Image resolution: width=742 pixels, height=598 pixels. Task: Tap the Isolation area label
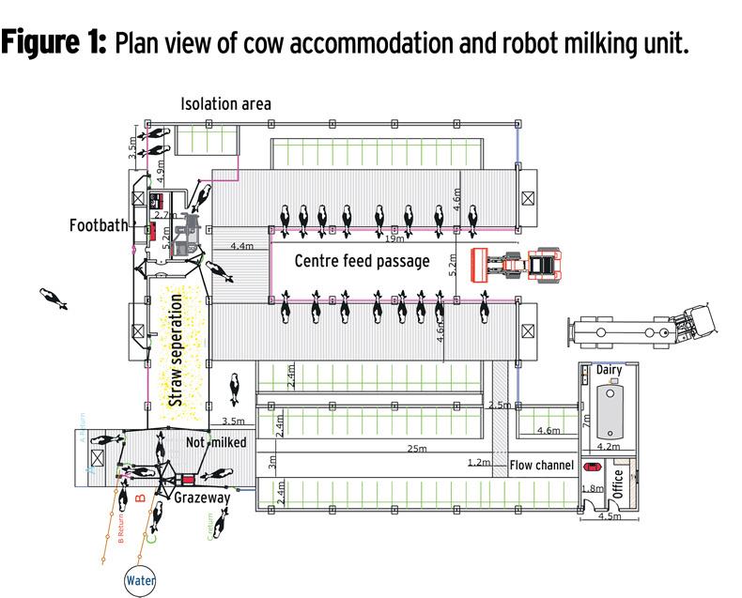tap(225, 103)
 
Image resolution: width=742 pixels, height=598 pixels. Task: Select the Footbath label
tap(98, 225)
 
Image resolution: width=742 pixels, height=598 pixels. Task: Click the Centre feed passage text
tap(362, 261)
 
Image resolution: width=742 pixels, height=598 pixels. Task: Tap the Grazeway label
tap(202, 498)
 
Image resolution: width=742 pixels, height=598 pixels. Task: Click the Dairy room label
tap(609, 371)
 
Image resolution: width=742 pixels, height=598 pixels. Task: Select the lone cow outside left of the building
tap(54, 299)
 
